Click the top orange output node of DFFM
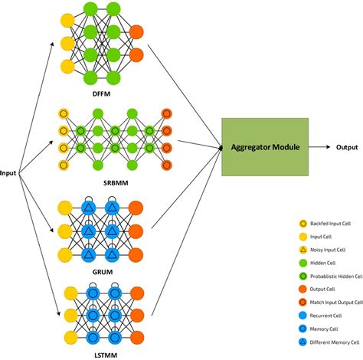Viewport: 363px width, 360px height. click(137, 33)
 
